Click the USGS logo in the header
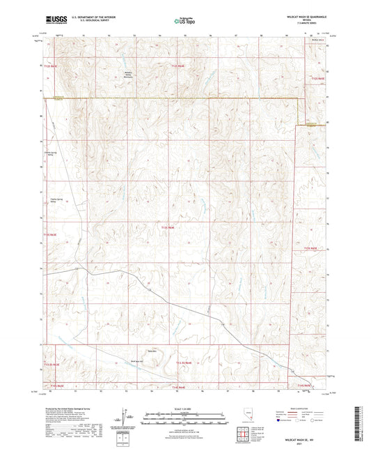pyautogui.click(x=57, y=20)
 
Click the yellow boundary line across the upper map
pyautogui.click(x=167, y=99)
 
